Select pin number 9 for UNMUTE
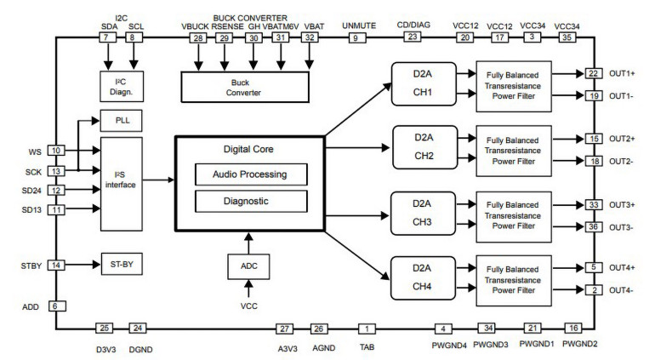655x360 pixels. tap(357, 37)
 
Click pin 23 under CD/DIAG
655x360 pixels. tap(413, 37)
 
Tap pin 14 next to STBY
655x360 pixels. tap(57, 265)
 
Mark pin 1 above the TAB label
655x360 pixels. tap(367, 329)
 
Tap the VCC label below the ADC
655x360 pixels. tap(249, 304)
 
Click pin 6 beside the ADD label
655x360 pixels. tap(57, 306)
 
